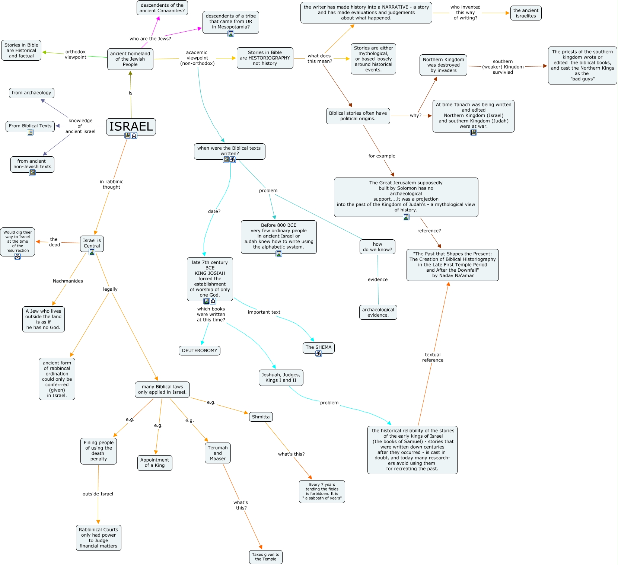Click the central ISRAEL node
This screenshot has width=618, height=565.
[x=131, y=127]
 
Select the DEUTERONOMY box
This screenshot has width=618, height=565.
[x=200, y=351]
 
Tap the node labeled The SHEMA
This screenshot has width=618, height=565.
[x=318, y=348]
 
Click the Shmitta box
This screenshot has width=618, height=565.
[x=261, y=417]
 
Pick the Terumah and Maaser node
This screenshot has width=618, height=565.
[x=218, y=453]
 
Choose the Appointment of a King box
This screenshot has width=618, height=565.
[x=155, y=463]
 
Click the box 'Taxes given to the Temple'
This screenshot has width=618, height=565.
[x=266, y=557]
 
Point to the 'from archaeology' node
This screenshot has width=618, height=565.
[x=32, y=93]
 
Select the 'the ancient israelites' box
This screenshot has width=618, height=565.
[x=526, y=13]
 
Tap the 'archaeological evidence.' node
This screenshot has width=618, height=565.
[x=378, y=312]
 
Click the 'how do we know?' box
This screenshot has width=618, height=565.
[x=378, y=247]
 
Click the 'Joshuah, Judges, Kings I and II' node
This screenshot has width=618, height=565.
[x=281, y=378]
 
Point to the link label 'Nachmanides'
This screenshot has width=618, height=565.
[x=68, y=281]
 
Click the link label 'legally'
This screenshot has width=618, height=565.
[x=110, y=289]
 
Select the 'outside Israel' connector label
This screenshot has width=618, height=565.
[x=98, y=494]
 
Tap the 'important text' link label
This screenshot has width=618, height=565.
[x=264, y=312]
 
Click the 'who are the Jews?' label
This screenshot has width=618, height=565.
[x=150, y=39]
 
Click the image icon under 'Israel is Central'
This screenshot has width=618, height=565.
[x=92, y=252]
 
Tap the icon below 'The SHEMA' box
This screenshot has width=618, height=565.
[x=319, y=354]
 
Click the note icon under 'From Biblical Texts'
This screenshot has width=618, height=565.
[x=30, y=132]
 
